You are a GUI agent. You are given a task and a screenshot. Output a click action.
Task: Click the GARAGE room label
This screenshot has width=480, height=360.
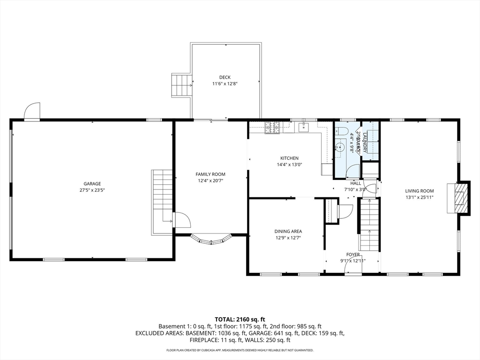pos(92,184)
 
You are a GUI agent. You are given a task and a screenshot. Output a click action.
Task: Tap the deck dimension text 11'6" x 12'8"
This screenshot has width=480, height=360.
pos(225,84)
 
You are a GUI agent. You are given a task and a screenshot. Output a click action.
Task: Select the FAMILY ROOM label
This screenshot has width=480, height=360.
pos(210,174)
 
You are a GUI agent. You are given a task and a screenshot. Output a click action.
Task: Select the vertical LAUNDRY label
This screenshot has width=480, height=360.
pos(364,142)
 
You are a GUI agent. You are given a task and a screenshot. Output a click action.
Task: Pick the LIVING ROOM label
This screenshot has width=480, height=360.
pos(420,191)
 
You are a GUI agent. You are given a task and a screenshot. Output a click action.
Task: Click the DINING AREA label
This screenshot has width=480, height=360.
pos(288,231)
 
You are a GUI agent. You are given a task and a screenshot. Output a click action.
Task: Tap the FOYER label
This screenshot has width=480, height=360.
pos(353,255)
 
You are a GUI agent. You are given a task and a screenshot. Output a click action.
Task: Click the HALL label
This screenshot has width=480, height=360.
pos(356,183)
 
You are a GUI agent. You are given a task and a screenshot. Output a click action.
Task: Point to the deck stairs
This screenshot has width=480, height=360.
pos(180,85)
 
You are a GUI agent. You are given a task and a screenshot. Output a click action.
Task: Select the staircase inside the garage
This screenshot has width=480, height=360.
pos(162,197)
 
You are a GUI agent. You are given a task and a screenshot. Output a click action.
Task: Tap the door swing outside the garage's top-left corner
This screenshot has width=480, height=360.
pos(32,112)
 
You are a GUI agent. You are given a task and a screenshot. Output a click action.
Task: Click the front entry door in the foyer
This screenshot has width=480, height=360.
pos(352,266)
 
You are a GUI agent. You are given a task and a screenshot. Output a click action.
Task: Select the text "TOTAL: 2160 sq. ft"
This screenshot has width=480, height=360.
pos(240,318)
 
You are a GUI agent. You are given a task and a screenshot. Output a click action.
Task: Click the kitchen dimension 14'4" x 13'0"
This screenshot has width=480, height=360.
pos(289,165)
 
